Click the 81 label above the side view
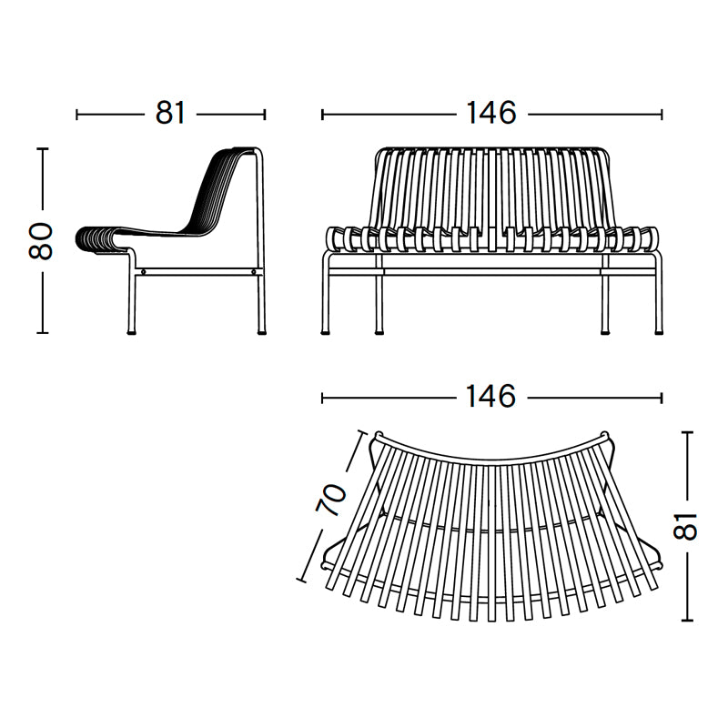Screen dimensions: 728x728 pos(170,114)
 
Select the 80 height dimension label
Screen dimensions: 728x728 pos(42,241)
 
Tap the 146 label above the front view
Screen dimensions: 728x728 pos(490,114)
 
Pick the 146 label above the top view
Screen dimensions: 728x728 pos(490,397)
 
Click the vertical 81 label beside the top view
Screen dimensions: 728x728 pos(687,525)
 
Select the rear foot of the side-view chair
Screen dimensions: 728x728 pos(263,332)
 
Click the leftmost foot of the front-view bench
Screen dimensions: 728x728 pos(327,332)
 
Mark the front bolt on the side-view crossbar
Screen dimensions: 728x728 pos(143,271)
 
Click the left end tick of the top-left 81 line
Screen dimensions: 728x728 pos(77,115)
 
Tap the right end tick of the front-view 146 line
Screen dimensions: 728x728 pos(662,115)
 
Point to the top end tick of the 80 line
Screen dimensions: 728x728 pos(42,148)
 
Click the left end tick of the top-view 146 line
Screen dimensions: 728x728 pos(322,398)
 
